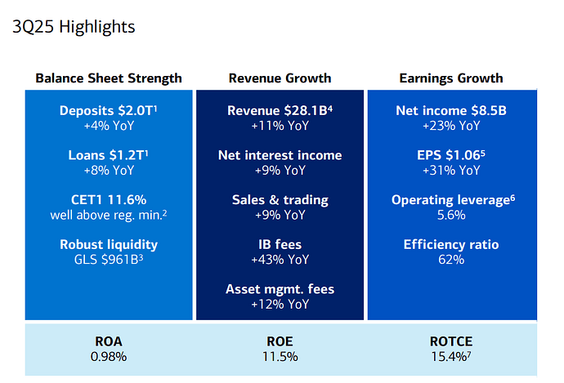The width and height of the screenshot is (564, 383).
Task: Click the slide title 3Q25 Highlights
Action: tap(74, 27)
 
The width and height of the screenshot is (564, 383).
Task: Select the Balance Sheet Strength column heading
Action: tap(109, 78)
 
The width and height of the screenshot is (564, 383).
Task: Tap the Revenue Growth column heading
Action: tap(280, 78)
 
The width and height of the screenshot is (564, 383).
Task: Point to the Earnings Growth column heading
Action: tap(450, 78)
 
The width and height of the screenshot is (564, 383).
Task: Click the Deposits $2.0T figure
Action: tap(107, 111)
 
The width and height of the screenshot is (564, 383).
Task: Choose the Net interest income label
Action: tap(280, 155)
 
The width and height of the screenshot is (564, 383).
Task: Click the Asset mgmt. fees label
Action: tap(280, 289)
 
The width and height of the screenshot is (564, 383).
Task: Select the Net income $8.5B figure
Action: tap(450, 111)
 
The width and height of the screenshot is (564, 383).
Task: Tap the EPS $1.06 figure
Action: tap(449, 155)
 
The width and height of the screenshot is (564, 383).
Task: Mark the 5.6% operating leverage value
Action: tap(450, 215)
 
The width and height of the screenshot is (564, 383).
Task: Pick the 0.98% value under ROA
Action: tap(109, 356)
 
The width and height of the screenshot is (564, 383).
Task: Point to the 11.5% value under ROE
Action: tap(280, 356)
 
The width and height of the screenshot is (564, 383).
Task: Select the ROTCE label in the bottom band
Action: tap(450, 341)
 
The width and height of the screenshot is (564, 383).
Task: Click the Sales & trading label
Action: tap(280, 200)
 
